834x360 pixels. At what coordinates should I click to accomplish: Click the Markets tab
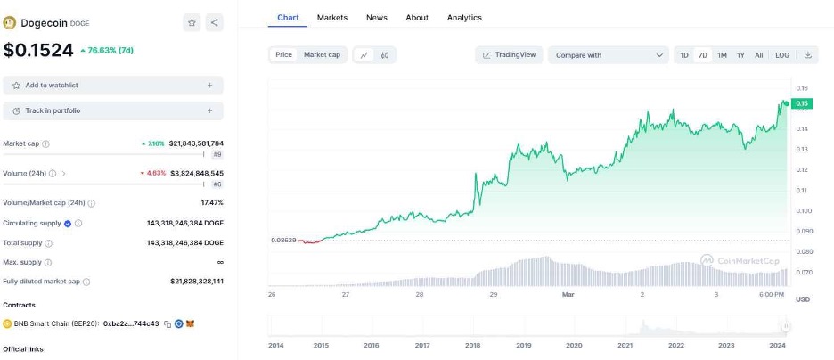click(x=332, y=18)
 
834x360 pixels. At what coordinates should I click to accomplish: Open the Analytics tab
click(x=464, y=18)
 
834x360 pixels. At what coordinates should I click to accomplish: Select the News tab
click(x=377, y=18)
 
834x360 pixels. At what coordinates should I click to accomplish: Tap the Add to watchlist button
click(x=113, y=86)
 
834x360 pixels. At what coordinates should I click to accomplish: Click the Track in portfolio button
click(x=113, y=110)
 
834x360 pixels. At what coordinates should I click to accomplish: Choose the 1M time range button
click(x=722, y=55)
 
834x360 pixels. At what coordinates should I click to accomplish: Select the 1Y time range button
click(x=740, y=55)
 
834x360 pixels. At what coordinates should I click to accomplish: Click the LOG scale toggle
click(x=782, y=55)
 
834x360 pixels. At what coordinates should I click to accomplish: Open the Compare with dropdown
click(x=609, y=55)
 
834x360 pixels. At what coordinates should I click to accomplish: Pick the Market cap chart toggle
click(x=322, y=55)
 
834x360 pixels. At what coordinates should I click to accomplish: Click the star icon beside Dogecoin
click(x=192, y=23)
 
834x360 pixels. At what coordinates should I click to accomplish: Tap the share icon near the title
click(x=215, y=23)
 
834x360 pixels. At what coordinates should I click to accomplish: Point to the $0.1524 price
click(x=38, y=51)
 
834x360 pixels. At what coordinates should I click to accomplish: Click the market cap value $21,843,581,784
click(x=196, y=143)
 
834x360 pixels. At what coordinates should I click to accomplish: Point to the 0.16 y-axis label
click(x=801, y=88)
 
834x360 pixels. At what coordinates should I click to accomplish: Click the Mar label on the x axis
click(x=567, y=294)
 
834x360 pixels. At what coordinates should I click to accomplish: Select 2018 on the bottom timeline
click(x=472, y=345)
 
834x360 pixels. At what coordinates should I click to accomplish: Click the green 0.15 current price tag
click(x=801, y=104)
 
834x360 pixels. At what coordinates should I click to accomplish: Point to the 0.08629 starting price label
click(x=283, y=241)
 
